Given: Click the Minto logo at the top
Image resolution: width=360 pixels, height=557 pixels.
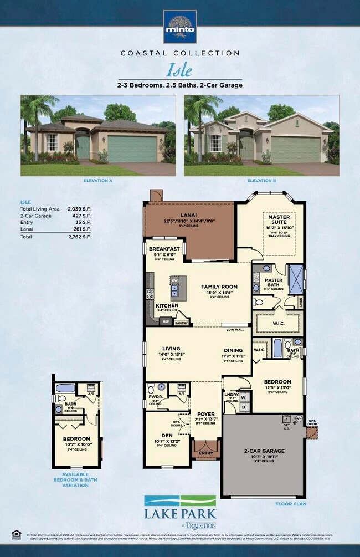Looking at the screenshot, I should [x=179, y=27].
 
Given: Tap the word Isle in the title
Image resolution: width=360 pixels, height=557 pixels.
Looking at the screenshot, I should [x=179, y=70].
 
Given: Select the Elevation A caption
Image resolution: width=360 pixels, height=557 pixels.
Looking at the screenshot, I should [x=97, y=181].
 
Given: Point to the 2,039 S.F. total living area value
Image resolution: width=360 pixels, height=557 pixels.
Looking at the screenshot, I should [x=78, y=208].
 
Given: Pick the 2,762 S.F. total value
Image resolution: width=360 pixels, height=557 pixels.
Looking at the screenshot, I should [x=78, y=237].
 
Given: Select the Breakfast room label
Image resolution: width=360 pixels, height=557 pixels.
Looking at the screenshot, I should [x=164, y=249].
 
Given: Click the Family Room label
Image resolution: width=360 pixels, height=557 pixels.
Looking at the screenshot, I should [x=219, y=287].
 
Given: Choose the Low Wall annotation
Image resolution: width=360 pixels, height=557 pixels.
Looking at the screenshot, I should [x=235, y=329].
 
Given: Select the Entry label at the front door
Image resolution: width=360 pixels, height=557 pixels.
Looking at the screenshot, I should [x=205, y=453].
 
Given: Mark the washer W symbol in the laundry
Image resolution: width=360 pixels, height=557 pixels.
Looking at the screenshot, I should [x=243, y=397].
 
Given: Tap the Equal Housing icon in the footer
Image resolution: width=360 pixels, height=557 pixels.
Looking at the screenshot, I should [x=15, y=534].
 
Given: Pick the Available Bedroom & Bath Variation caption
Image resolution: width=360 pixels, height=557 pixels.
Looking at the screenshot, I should [x=75, y=479].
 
